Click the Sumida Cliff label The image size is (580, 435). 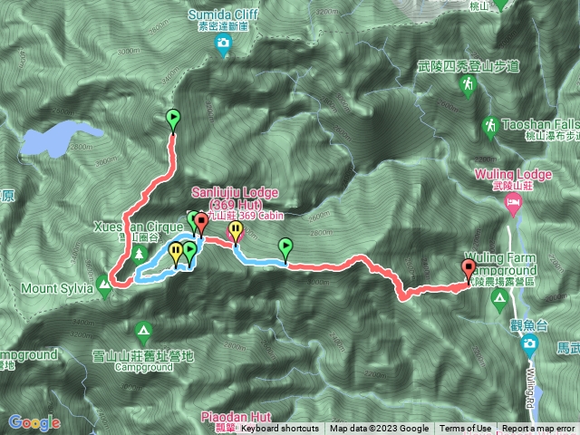coord(223,14)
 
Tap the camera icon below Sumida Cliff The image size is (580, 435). coord(223,43)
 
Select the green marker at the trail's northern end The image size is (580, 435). coord(173,118)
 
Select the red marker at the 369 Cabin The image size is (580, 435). coord(201,220)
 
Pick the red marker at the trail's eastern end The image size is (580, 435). coord(469,268)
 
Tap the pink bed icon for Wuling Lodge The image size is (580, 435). coord(513,200)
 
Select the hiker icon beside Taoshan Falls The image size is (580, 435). coord(490,123)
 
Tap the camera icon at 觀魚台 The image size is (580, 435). coord(528,343)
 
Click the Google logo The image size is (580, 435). coord(34,422)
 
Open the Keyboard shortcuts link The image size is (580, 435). coord(279,429)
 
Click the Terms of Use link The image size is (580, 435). coord(466,429)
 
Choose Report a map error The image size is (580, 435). coord(538,429)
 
